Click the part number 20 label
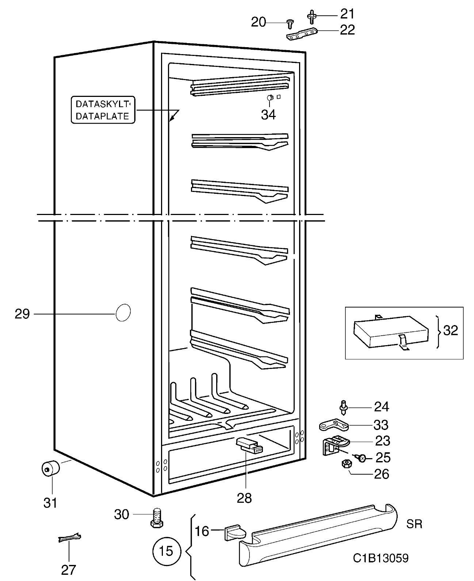point(258,22)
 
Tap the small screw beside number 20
point(290,24)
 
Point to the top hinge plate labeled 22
point(302,34)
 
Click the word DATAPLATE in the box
point(102,116)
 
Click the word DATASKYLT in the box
point(102,104)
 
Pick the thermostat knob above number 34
point(271,98)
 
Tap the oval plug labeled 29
point(123,313)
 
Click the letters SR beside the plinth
point(414,524)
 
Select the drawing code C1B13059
point(381,558)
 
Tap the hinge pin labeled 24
point(344,408)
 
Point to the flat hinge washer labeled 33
point(334,425)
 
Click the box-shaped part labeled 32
point(391,333)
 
